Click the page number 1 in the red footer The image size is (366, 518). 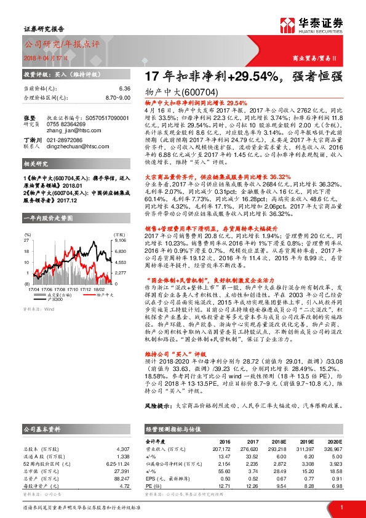click(341, 508)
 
